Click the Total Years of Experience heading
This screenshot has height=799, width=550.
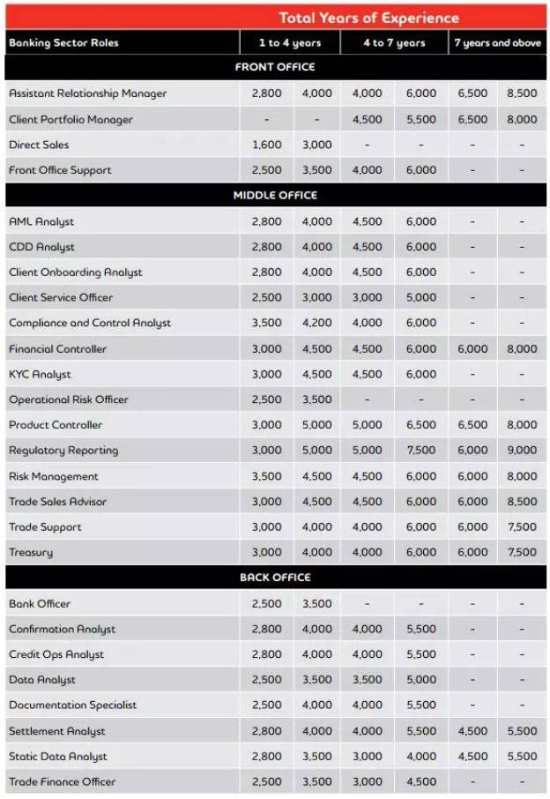coord(368,18)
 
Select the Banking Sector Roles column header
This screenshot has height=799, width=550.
coord(63,42)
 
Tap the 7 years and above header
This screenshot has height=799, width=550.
coord(497,42)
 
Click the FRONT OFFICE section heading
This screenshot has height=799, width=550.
coord(275,67)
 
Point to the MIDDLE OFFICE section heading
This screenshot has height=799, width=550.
coord(275,195)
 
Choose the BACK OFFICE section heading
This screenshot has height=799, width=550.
coord(275,578)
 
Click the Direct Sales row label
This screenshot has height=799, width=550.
coord(39,145)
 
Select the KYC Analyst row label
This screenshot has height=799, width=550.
coord(40,374)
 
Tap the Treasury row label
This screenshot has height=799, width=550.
coord(31,552)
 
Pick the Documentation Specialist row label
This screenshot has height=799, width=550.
coord(72,706)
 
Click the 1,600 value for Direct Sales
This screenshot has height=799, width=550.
coord(266,145)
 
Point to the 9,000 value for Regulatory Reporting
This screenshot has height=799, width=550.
coord(522,451)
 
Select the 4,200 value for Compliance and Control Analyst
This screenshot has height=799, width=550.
coord(317,323)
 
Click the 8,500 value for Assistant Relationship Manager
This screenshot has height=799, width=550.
coord(522,93)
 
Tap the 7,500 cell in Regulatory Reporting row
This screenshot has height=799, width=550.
coord(420,451)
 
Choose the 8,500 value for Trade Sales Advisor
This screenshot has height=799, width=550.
coord(522,502)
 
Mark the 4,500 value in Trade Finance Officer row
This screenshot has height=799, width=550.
coord(420,781)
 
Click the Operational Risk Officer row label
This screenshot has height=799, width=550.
coord(69,399)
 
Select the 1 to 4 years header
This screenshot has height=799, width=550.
coord(290,42)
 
